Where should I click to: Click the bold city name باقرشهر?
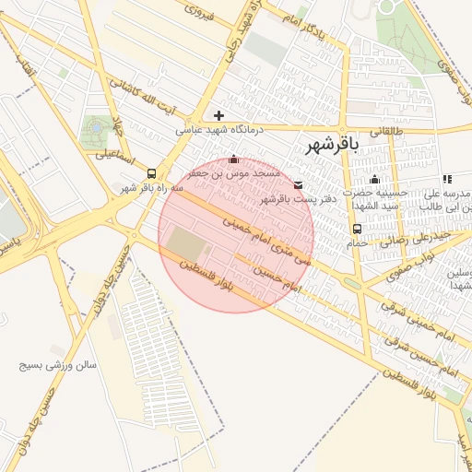coord(327,145)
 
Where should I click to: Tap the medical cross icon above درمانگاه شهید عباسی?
coord(218,115)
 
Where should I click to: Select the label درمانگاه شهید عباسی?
coord(220,131)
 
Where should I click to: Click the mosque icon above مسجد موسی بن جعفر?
coord(232,159)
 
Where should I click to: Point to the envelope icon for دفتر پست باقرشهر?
coord(297,184)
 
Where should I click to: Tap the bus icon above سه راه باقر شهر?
coord(151,172)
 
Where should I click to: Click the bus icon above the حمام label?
coord(357,229)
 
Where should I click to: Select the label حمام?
coord(358,243)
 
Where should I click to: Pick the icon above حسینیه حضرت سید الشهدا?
coord(374,180)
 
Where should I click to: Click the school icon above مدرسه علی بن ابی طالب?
coord(447,180)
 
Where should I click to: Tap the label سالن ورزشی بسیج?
coord(57,365)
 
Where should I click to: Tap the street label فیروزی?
coord(199,11)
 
